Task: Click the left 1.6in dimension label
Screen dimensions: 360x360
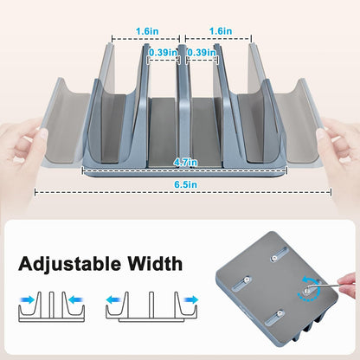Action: pos(145,30)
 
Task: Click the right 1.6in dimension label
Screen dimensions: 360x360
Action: pos(219,30)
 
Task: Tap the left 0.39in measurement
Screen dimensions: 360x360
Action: pos(162,53)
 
